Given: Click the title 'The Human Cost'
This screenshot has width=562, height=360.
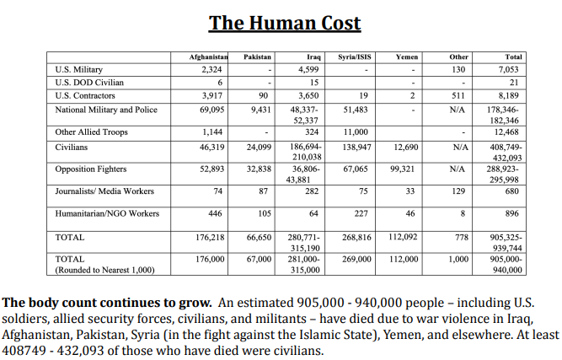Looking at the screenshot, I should tap(285, 22).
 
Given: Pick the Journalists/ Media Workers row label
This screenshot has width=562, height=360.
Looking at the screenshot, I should tap(104, 191).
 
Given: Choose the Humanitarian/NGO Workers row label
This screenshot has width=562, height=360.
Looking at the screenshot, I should tap(107, 213).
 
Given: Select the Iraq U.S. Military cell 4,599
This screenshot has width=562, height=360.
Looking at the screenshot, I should tap(308, 68).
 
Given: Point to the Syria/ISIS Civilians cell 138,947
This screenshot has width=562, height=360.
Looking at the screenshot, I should tap(354, 147).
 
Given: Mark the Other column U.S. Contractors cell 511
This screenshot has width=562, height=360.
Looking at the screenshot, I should tap(458, 95).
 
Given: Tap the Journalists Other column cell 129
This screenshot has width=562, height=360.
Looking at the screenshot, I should tap(458, 191).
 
